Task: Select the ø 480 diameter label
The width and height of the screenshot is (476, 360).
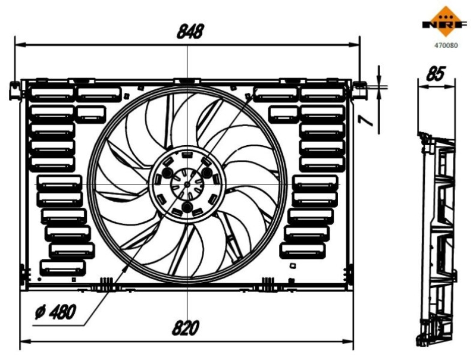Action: [x=55, y=312]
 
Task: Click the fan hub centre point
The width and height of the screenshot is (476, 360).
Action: [x=187, y=185]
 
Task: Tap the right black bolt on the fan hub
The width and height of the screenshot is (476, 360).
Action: [x=207, y=173]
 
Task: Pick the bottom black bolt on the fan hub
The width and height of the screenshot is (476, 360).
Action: [x=187, y=208]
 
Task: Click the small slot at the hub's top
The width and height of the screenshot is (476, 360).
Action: [x=186, y=156]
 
